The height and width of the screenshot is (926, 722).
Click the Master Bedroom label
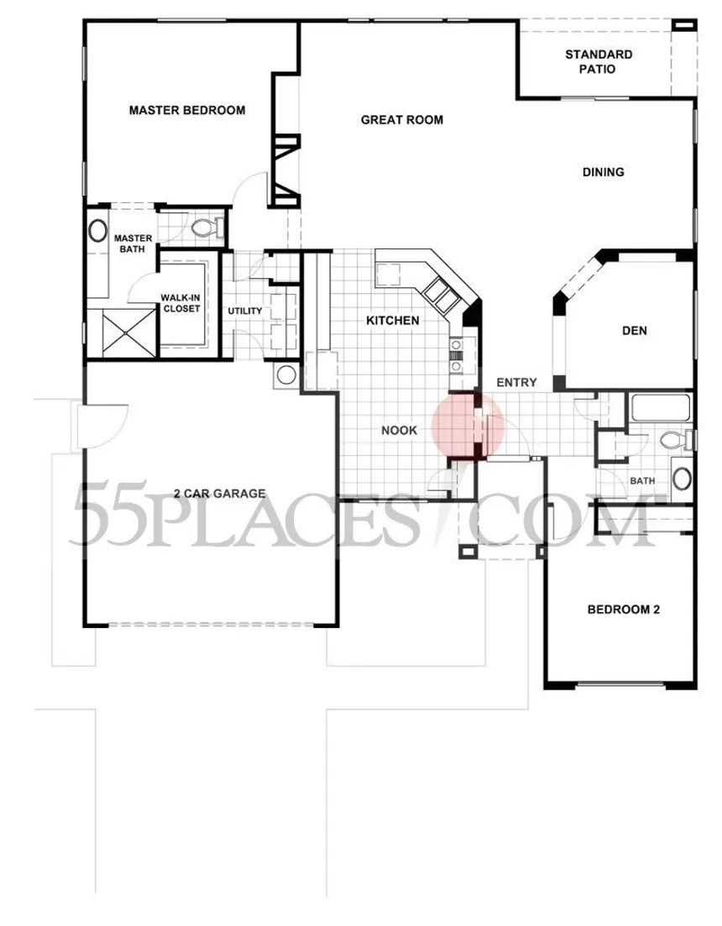pyautogui.click(x=187, y=111)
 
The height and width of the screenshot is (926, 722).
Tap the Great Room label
pyautogui.click(x=402, y=120)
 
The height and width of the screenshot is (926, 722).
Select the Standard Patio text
pyautogui.click(x=599, y=61)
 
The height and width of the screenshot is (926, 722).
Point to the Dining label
pyautogui.click(x=604, y=172)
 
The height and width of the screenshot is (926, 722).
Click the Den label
pyautogui.click(x=635, y=331)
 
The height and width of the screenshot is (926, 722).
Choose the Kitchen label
pyautogui.click(x=393, y=321)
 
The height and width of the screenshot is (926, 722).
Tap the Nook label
pyautogui.click(x=399, y=431)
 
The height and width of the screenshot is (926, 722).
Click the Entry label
pyautogui.click(x=516, y=383)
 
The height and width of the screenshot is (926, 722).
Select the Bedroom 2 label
pyautogui.click(x=624, y=609)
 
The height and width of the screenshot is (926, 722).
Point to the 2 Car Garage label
pyautogui.click(x=220, y=494)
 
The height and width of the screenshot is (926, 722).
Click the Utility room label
pyautogui.click(x=245, y=311)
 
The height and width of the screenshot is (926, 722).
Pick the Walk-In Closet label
pyautogui.click(x=181, y=304)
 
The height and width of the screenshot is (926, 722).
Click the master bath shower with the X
pyautogui.click(x=128, y=333)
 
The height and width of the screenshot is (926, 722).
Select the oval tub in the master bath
pyautogui.click(x=98, y=230)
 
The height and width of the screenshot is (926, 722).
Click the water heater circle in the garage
pyautogui.click(x=286, y=375)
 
